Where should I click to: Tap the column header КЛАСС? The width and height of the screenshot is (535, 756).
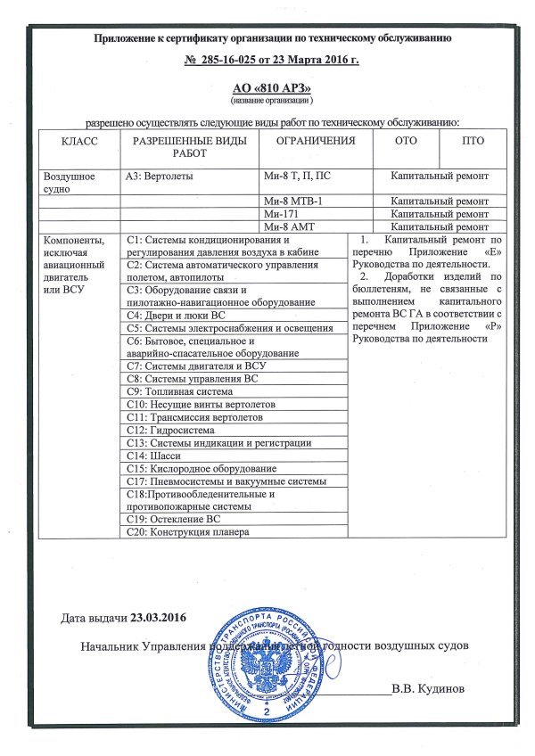click(78, 142)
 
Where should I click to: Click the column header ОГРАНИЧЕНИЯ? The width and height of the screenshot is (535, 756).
click(316, 141)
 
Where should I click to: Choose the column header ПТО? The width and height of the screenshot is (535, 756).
click(473, 141)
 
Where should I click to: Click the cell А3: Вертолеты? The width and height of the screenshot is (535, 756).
click(160, 177)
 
